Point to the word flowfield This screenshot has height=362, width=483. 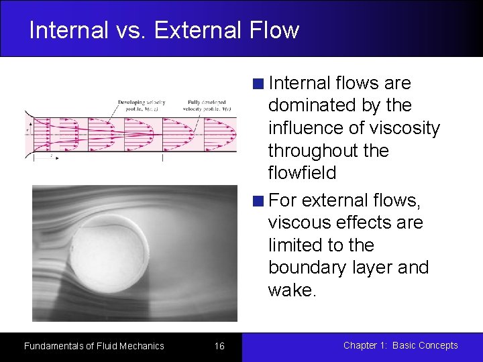(302, 173)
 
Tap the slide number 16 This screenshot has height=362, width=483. (219, 346)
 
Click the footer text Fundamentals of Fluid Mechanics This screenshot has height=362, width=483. (94, 346)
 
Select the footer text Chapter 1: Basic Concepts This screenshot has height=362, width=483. (400, 345)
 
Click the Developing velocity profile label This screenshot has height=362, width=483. (142, 105)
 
